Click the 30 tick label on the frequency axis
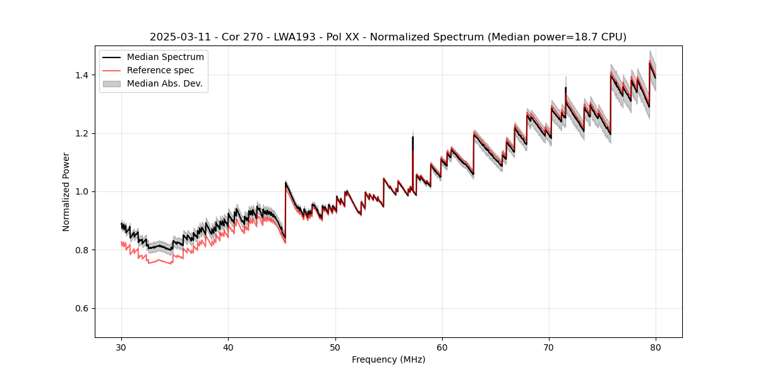[x=122, y=347]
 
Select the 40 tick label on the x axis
[x=229, y=347]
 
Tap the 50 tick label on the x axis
[x=335, y=347]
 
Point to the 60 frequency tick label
[x=442, y=347]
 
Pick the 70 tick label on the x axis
[x=549, y=347]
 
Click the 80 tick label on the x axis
[x=656, y=347]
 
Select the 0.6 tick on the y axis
[x=83, y=308]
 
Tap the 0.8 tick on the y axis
[x=83, y=250]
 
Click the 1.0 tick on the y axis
[x=83, y=191]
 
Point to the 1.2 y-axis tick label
[x=83, y=133]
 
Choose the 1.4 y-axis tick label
[x=83, y=75]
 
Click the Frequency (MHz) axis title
[x=388, y=359]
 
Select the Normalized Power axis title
[x=66, y=191]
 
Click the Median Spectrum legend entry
[x=165, y=57]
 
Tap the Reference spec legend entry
[x=160, y=70]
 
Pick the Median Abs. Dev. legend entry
[x=164, y=83]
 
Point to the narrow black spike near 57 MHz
[x=412, y=142]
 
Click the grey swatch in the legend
[x=111, y=83]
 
